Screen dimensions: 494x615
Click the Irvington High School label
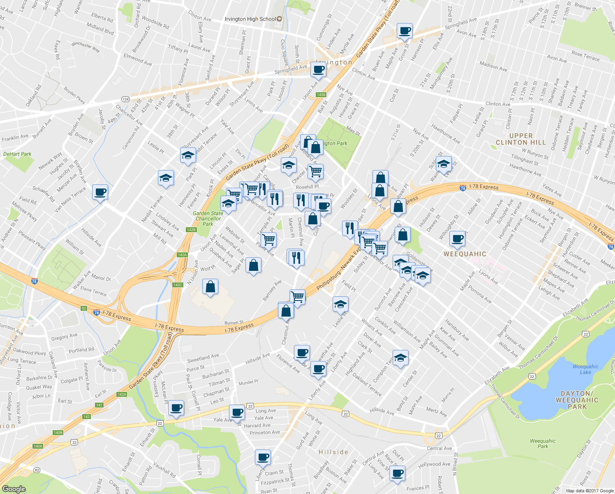pyautogui.click(x=250, y=19)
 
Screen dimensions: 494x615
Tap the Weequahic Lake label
pyautogui.click(x=585, y=369)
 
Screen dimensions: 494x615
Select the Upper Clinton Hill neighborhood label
pyautogui.click(x=520, y=139)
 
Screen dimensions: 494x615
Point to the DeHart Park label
pyautogui.click(x=17, y=154)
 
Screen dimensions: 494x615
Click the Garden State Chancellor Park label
pyautogui.click(x=208, y=219)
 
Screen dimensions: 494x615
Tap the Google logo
pyautogui.click(x=14, y=489)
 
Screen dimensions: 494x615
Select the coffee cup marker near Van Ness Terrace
pyautogui.click(x=100, y=191)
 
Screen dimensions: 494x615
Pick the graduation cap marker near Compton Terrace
pyautogui.click(x=400, y=358)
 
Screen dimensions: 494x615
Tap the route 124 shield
pyautogui.click(x=126, y=99)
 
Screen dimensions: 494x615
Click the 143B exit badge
pyautogui.click(x=321, y=95)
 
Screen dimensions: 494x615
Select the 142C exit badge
pyautogui.click(x=178, y=285)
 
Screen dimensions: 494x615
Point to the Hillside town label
pyautogui.click(x=333, y=452)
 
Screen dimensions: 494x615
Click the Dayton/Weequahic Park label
pyautogui.click(x=577, y=400)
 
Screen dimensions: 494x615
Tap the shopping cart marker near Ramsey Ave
pyautogui.click(x=297, y=296)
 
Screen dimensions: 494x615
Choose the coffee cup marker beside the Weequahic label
pyautogui.click(x=457, y=238)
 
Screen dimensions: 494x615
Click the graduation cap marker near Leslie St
pyautogui.click(x=340, y=304)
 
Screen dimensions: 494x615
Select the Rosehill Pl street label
pyautogui.click(x=307, y=187)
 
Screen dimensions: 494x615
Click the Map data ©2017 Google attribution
pyautogui.click(x=590, y=491)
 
